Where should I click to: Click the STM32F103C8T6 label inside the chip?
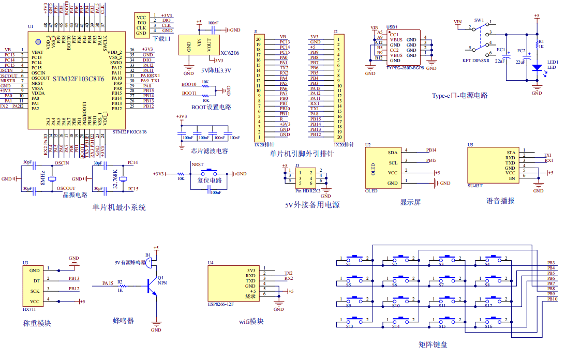[78, 79]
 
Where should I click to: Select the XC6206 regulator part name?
[229, 53]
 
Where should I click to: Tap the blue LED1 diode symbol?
[537, 67]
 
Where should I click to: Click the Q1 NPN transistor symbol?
[152, 286]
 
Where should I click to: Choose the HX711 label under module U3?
[29, 308]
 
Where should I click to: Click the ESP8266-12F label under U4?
[221, 304]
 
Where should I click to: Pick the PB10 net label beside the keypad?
[552, 299]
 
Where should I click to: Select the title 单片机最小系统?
[119, 207]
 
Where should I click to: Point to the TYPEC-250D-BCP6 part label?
[405, 68]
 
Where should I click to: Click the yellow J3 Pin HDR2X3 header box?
[304, 177]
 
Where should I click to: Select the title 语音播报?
[500, 201]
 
